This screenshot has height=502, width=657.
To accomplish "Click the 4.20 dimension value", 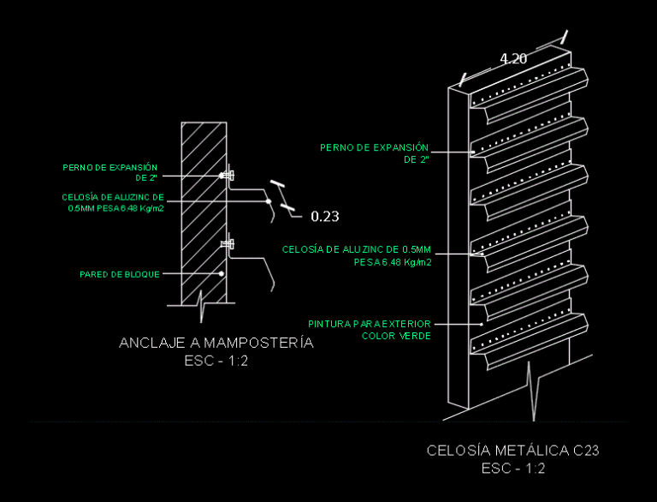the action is coord(513,59).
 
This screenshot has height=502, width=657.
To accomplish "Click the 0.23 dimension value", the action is coord(325,216).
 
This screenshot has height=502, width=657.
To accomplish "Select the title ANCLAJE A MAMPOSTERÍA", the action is coord(216,343).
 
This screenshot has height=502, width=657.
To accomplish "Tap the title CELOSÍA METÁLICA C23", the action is coord(513,451).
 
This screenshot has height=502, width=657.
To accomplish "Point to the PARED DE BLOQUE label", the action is coord(120,274).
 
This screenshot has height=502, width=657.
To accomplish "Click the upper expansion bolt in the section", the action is coord(228,176).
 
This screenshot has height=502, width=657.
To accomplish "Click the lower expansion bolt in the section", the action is coord(228,243).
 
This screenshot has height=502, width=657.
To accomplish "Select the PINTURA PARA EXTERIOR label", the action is coord(370,324).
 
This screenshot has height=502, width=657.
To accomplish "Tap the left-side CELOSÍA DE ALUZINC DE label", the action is coord(113,197).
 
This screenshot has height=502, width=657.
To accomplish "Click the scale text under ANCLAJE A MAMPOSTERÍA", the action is coord(216,361).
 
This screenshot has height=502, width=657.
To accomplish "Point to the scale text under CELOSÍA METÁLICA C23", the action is coord(513,469).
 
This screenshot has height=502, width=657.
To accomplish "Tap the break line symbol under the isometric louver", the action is coord(532,391).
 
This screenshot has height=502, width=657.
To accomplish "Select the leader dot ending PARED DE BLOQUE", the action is coord(222,273).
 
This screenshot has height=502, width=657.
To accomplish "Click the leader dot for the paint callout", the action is coord(482,324).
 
